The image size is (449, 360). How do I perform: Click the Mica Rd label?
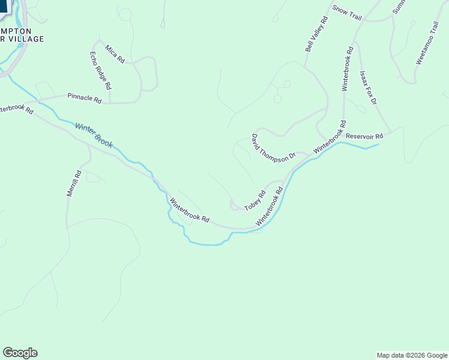(x=115, y=53)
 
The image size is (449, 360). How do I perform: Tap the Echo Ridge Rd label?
(x=100, y=71)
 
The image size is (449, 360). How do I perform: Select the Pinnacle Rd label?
(x=85, y=98)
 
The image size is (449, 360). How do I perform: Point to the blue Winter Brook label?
(x=94, y=136)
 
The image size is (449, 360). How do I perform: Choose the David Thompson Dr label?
(x=274, y=147)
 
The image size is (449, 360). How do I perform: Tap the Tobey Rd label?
(x=255, y=201)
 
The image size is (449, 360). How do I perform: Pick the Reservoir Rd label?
(x=364, y=136)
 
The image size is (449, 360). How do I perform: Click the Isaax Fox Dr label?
(x=367, y=88)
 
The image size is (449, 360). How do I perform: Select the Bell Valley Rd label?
(x=316, y=34)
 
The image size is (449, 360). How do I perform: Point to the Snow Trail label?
(x=347, y=13)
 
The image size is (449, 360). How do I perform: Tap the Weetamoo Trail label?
(x=427, y=43)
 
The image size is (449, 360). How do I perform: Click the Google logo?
(x=20, y=353)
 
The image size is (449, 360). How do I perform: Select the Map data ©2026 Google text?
(x=411, y=355)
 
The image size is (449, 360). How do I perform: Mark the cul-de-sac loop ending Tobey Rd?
(x=234, y=206)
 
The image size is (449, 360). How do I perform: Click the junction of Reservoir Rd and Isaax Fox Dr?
(x=391, y=132)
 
